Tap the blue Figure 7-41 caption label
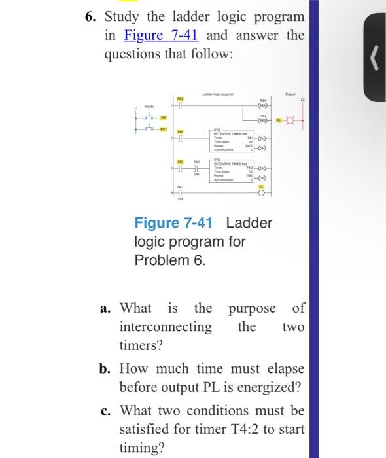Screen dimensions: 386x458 coord(178,223)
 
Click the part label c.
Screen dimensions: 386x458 coord(106,410)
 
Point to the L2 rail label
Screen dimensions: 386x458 coord(302,97)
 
